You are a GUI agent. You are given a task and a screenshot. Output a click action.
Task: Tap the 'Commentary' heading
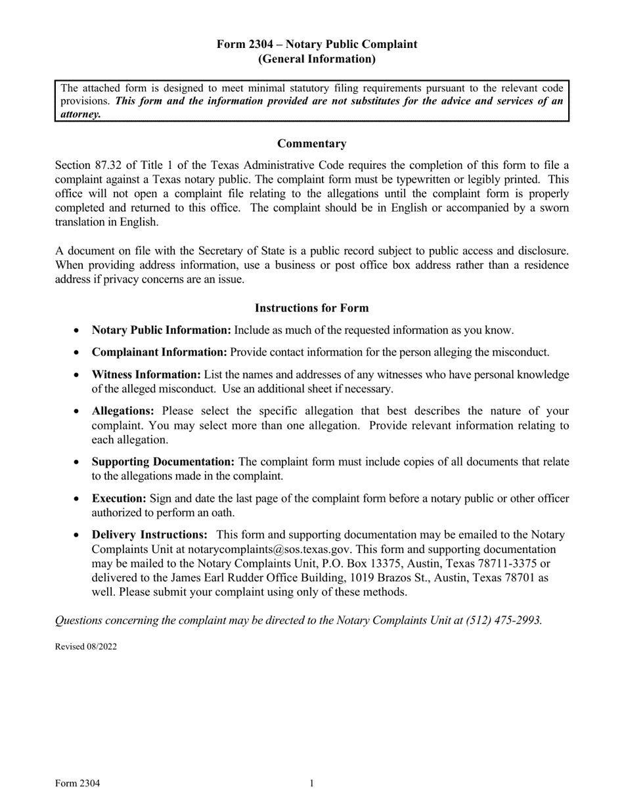coord(311,144)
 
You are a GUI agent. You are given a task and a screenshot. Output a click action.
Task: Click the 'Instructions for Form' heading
coord(311,308)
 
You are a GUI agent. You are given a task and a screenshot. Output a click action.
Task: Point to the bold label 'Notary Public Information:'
coord(162,330)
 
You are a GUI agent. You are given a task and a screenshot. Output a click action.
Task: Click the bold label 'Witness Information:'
coord(146,374)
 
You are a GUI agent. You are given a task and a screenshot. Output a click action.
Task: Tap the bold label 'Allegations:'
coord(123,411)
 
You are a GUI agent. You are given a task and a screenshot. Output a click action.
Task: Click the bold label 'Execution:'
coord(119,499)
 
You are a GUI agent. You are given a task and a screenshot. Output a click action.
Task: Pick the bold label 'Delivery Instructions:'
coord(150,535)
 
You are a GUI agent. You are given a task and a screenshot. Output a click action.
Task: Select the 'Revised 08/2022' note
coord(86,646)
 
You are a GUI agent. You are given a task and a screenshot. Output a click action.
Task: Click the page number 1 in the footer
coord(312,783)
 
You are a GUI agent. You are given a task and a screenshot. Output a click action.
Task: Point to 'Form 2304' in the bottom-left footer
coord(78,783)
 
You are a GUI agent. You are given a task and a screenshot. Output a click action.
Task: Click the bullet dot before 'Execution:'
coord(78,499)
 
